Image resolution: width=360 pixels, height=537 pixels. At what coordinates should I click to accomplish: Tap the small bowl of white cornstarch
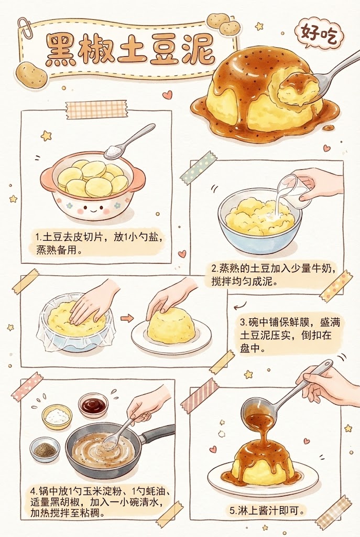[x=56, y=416]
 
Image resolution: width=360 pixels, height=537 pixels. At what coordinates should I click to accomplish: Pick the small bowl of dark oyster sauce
[x=93, y=404]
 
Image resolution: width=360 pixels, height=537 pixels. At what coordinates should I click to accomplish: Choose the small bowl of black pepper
[x=45, y=449]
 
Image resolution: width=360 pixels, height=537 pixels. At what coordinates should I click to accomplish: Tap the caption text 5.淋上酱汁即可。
[x=267, y=510]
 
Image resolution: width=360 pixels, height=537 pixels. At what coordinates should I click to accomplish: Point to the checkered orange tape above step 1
[x=96, y=109]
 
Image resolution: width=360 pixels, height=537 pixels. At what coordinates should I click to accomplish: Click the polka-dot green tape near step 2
[x=199, y=167]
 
